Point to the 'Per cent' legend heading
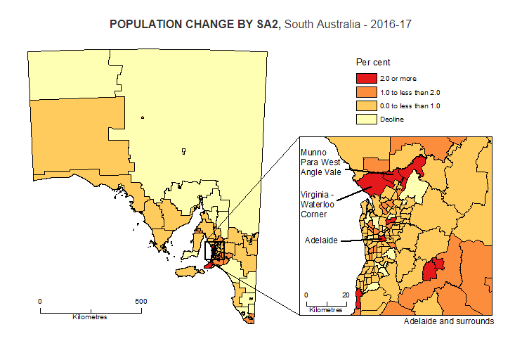(373, 63)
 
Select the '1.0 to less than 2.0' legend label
(410, 92)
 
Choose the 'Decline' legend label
(392, 119)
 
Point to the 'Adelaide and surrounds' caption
(449, 321)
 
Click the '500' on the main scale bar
(141, 301)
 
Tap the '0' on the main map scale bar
(40, 301)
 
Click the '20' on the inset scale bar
(345, 295)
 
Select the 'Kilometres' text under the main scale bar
(90, 316)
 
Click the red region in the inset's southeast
(433, 268)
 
